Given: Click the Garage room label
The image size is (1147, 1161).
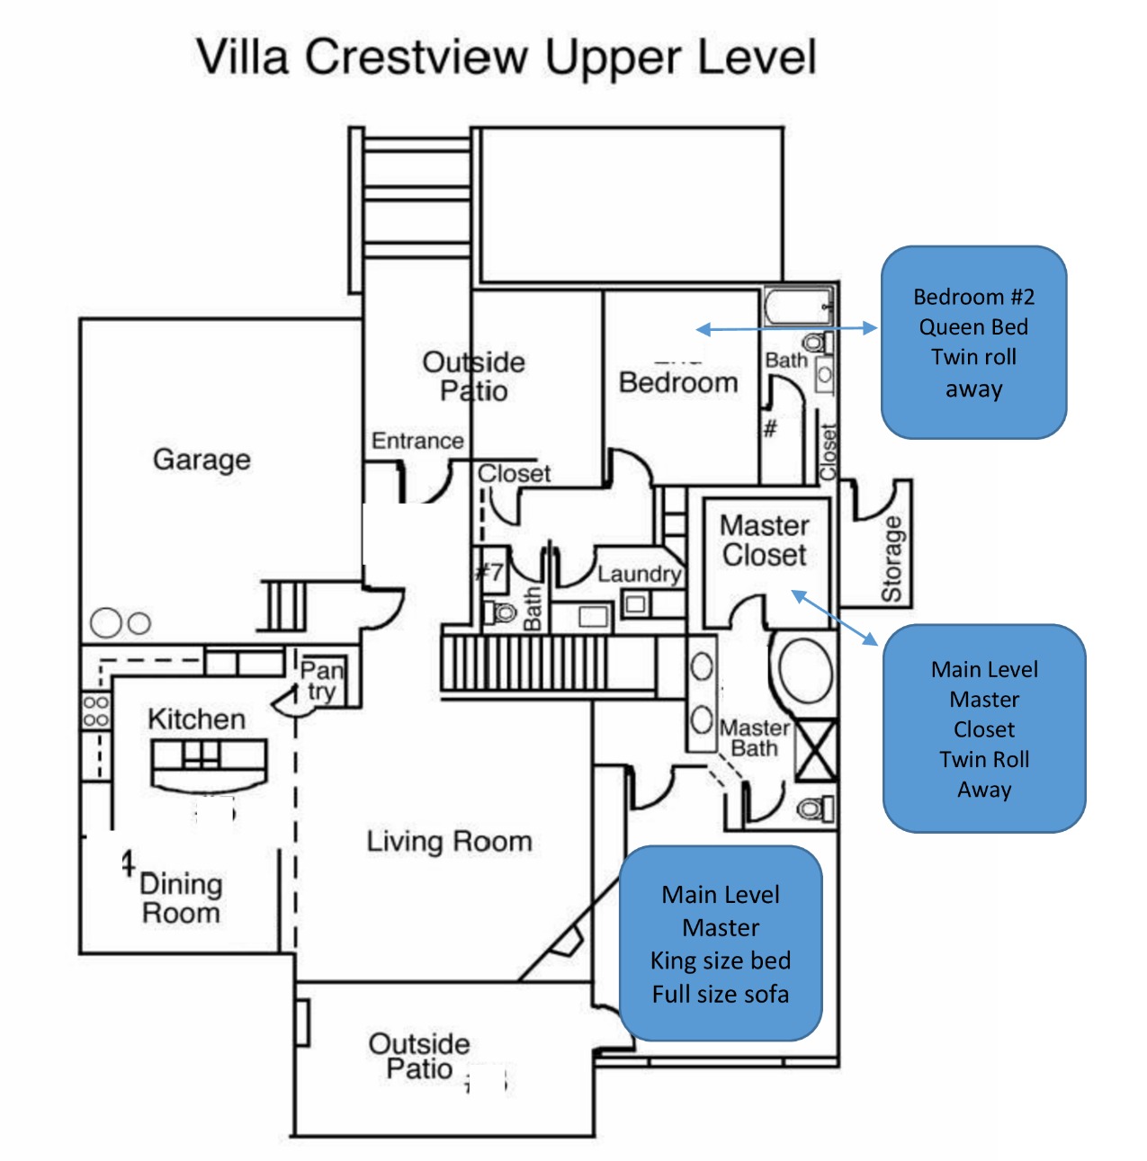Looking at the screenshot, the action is pyautogui.click(x=202, y=460).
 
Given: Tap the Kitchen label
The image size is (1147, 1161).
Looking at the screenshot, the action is pyautogui.click(x=196, y=719).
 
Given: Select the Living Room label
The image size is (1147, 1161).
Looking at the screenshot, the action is pyautogui.click(x=450, y=842).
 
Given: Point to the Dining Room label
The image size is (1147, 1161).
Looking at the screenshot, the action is pyautogui.click(x=181, y=898).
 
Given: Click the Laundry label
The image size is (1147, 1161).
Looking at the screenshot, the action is pyautogui.click(x=640, y=574).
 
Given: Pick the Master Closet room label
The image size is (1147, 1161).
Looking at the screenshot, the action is pyautogui.click(x=765, y=540).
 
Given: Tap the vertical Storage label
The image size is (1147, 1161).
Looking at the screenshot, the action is pyautogui.click(x=892, y=558).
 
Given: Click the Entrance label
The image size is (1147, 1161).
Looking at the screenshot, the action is pyautogui.click(x=417, y=441).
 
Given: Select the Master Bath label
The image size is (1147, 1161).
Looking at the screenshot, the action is pyautogui.click(x=755, y=738).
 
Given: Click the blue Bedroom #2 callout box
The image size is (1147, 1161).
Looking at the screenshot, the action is pyautogui.click(x=974, y=343).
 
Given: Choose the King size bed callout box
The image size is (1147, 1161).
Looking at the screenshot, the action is pyautogui.click(x=721, y=943).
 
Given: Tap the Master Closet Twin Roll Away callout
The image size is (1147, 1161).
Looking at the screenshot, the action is pyautogui.click(x=984, y=729).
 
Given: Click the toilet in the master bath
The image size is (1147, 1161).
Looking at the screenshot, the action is pyautogui.click(x=816, y=808).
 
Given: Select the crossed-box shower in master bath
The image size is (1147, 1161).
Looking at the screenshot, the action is pyautogui.click(x=816, y=750).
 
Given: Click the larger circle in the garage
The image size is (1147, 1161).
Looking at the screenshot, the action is pyautogui.click(x=106, y=622).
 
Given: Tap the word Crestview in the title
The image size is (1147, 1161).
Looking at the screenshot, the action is pyautogui.click(x=417, y=58).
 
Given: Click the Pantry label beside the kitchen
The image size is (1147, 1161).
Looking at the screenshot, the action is pyautogui.click(x=322, y=681).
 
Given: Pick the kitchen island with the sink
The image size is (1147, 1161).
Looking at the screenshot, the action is pyautogui.click(x=209, y=765).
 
